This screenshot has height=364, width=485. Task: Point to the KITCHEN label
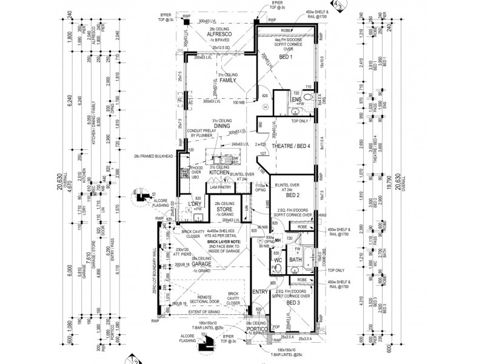218,172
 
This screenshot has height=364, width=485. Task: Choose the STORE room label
227,210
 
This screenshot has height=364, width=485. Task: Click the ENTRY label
260,291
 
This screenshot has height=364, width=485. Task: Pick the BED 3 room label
293,302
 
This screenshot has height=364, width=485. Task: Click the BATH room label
296,261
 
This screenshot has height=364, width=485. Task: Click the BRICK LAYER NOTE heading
225,241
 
